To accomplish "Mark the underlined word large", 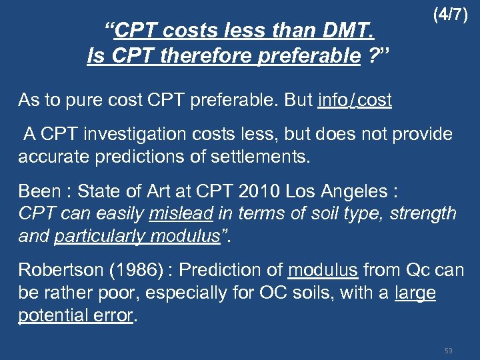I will point(415,293).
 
